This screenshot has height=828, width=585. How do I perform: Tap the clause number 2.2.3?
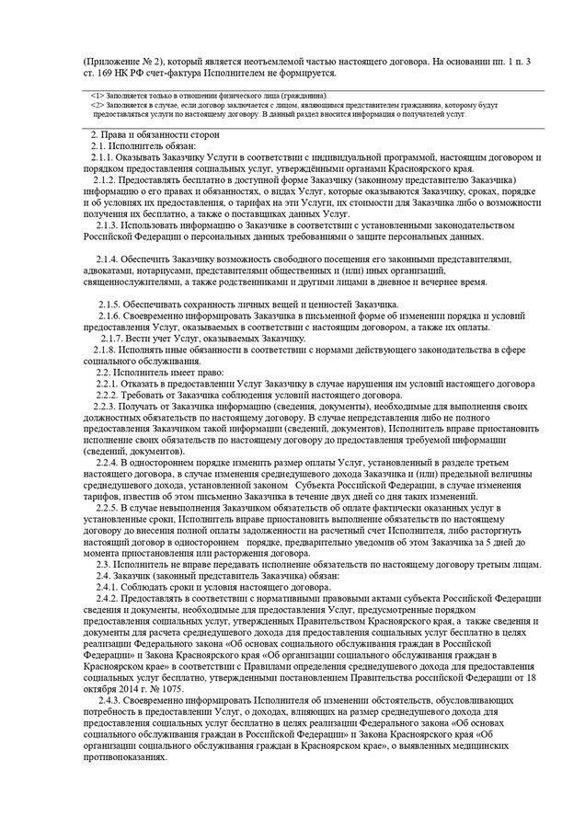point(102,406)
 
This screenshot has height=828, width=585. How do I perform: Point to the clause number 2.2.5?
point(111,508)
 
